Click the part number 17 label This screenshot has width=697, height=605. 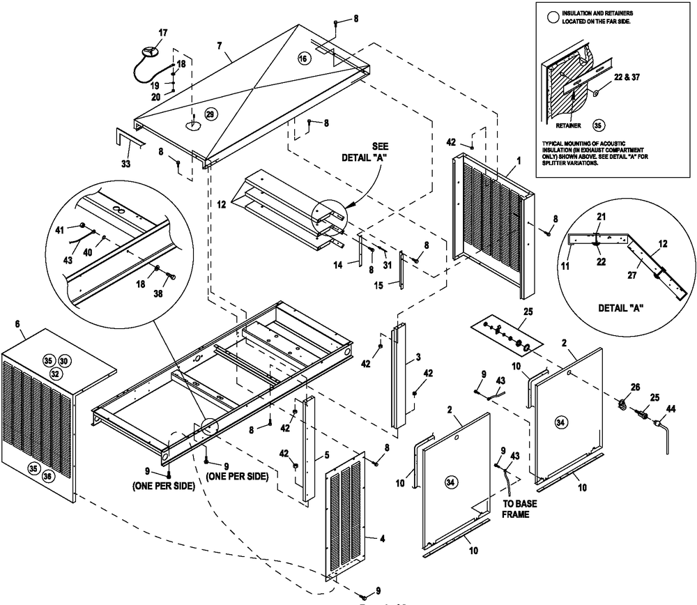(x=163, y=33)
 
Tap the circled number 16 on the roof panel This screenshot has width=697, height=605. (x=302, y=59)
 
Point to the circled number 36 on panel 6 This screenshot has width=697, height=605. (x=47, y=475)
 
